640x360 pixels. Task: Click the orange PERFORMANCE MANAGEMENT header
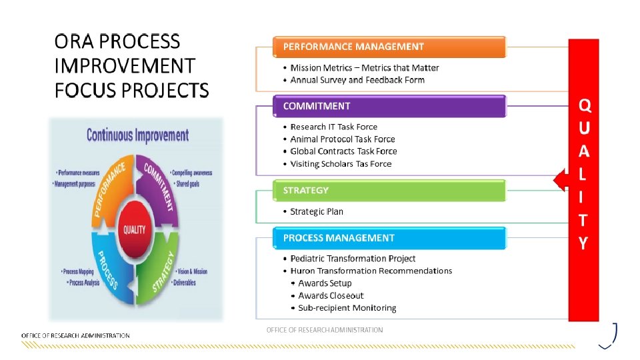pyautogui.click(x=389, y=47)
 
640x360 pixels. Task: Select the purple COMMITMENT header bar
pyautogui.click(x=389, y=106)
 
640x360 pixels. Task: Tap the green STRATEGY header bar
pyautogui.click(x=389, y=191)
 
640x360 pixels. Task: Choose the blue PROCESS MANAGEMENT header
pyautogui.click(x=389, y=238)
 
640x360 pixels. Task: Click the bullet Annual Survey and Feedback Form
pyautogui.click(x=357, y=80)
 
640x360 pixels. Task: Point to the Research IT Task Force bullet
pyautogui.click(x=333, y=127)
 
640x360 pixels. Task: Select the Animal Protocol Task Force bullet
pyautogui.click(x=343, y=139)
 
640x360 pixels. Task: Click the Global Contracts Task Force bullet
pyautogui.click(x=343, y=151)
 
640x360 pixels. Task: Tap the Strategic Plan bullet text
pyautogui.click(x=317, y=211)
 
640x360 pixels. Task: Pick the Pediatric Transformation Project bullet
pyautogui.click(x=353, y=259)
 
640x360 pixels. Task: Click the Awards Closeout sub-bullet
pyautogui.click(x=331, y=295)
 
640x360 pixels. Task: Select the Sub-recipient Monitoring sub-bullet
pyautogui.click(x=347, y=308)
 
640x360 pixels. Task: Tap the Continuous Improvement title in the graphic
pyautogui.click(x=137, y=135)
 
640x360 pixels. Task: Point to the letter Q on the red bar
pyautogui.click(x=583, y=105)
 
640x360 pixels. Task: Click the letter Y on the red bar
pyautogui.click(x=583, y=243)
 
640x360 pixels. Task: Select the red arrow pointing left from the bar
pyautogui.click(x=561, y=179)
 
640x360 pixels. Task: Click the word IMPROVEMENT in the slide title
pyautogui.click(x=125, y=66)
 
